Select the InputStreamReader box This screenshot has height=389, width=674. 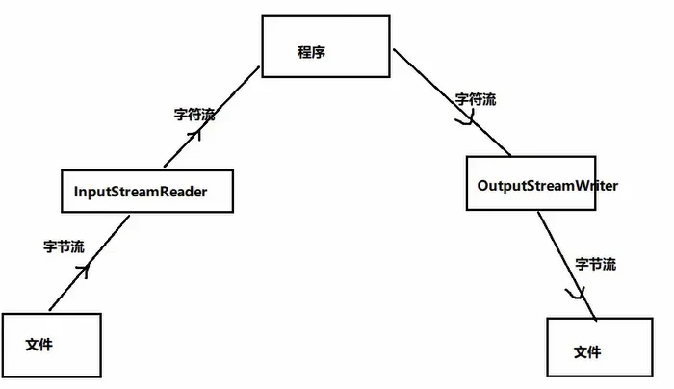click(x=146, y=192)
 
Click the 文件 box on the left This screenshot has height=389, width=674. click(x=50, y=344)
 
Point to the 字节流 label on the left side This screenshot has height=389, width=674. click(x=64, y=246)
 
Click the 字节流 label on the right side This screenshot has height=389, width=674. click(x=595, y=263)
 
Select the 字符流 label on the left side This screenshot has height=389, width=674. click(x=194, y=114)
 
